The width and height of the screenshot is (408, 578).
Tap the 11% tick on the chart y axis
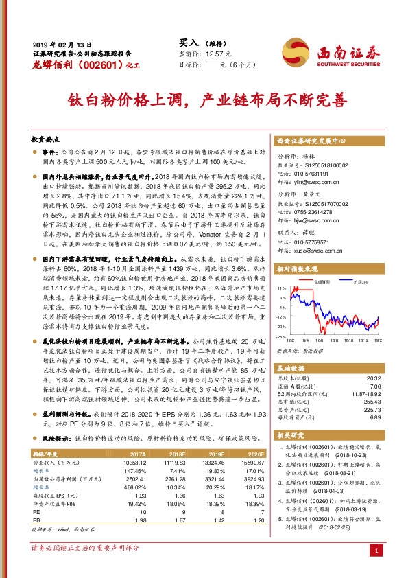[281, 289]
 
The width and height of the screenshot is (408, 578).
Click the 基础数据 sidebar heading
[292, 369]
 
